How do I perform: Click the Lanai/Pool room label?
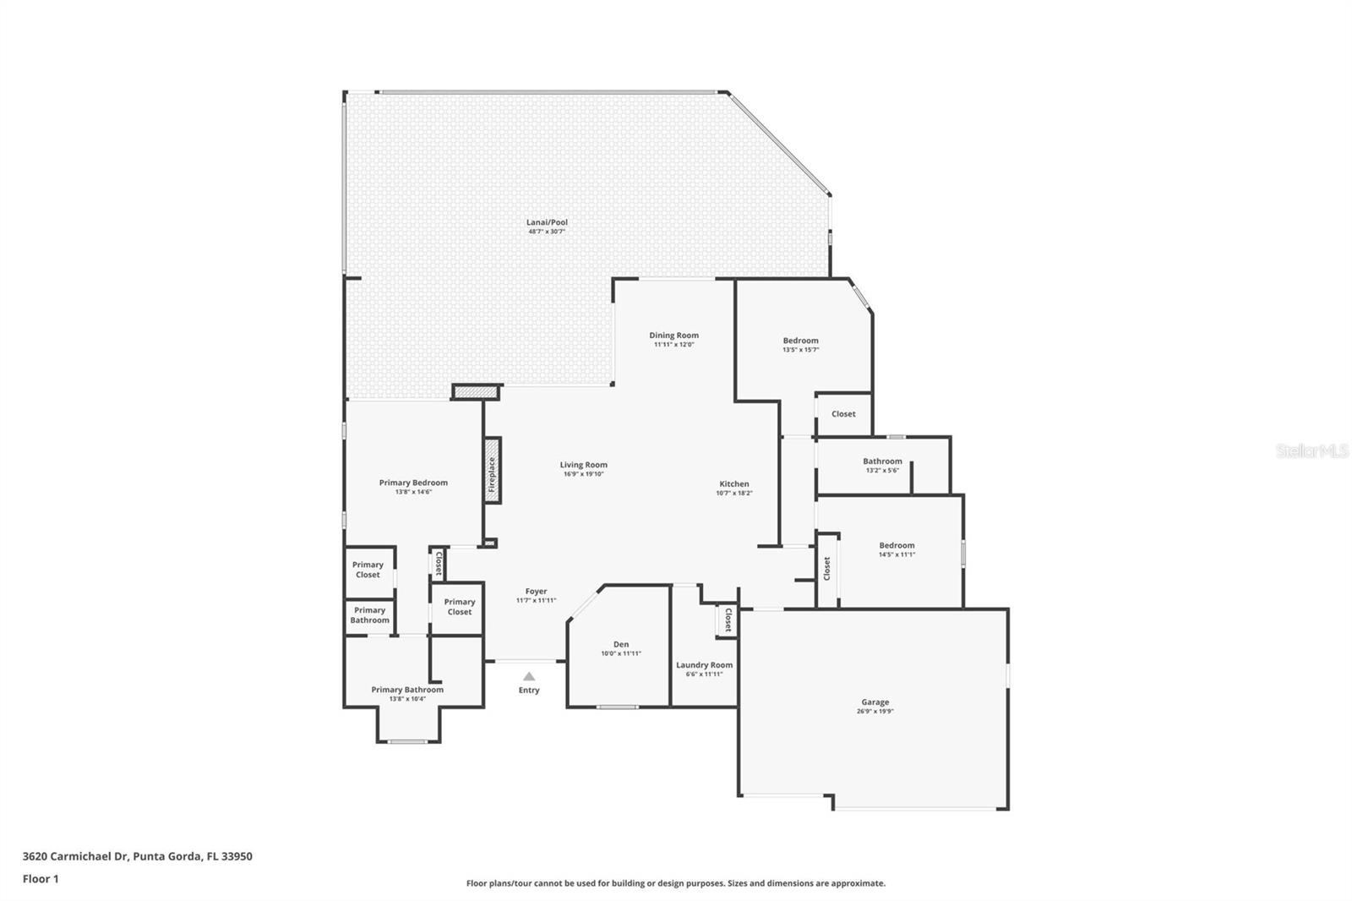pos(547,222)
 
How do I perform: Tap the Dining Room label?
pos(673,336)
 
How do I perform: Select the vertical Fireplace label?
pos(492,475)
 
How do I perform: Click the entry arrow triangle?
pos(529,676)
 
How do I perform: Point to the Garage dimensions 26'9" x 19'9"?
pos(875,712)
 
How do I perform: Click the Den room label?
pos(621,644)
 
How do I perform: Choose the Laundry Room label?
pos(704,665)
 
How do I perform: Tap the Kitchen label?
pos(733,484)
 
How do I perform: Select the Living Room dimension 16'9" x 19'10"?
pos(583,474)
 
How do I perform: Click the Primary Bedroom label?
pos(413,483)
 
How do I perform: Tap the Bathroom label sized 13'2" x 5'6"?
pos(882,461)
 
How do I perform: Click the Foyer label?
pos(536,592)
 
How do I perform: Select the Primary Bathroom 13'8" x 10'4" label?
pos(407,690)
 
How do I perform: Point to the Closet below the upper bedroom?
pos(843,414)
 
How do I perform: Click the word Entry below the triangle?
pos(529,691)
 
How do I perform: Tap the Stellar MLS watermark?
pos(1312,451)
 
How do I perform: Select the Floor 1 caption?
pos(41,879)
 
